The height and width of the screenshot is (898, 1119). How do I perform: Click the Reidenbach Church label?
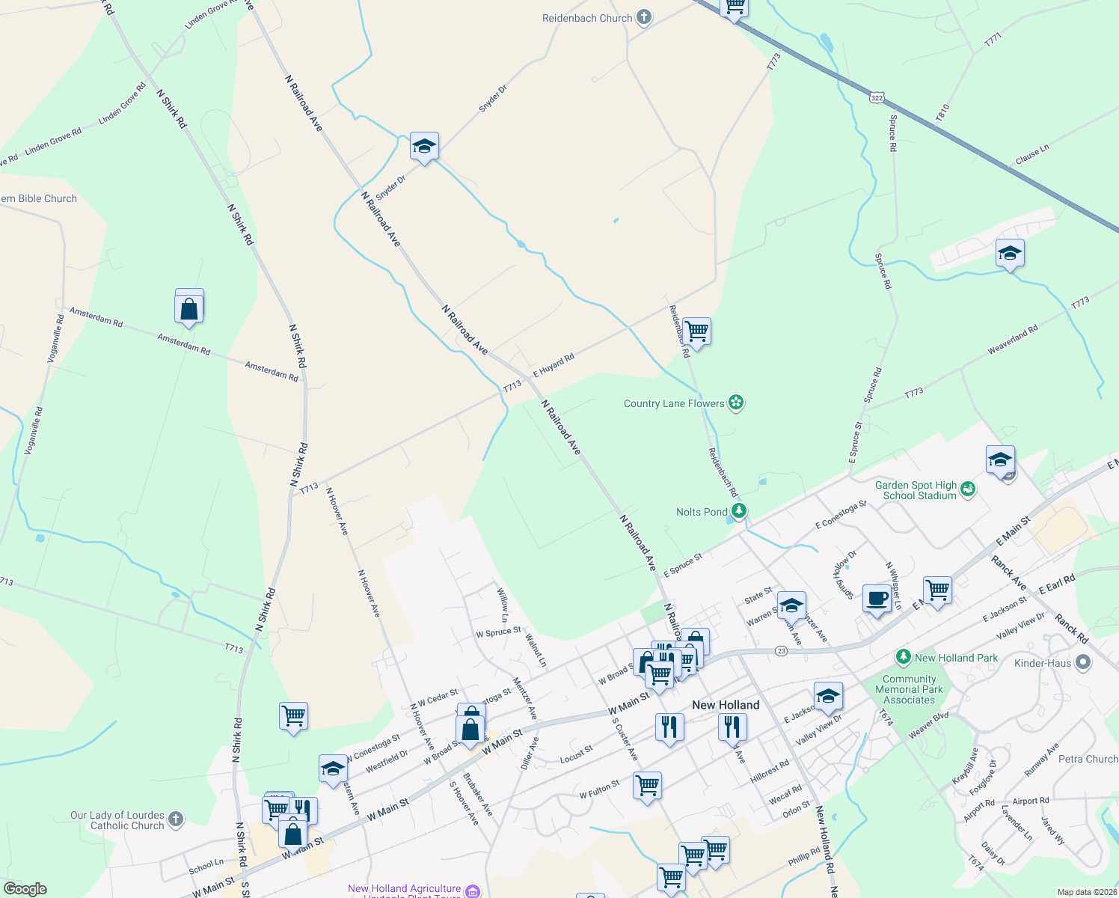click(x=587, y=18)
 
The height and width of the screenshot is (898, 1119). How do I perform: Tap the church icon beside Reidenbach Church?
click(x=644, y=18)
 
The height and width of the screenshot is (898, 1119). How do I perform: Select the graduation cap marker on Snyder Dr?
click(x=424, y=147)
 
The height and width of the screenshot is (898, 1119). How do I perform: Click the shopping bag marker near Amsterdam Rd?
click(x=189, y=308)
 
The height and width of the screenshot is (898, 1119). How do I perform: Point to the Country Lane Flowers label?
click(x=674, y=403)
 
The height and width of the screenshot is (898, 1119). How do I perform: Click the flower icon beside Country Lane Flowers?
click(x=737, y=403)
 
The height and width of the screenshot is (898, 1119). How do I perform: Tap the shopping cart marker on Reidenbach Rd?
click(x=696, y=331)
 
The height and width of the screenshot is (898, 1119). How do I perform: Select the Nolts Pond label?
click(x=702, y=512)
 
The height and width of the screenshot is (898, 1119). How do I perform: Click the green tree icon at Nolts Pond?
click(x=739, y=511)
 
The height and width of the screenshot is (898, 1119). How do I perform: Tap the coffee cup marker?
click(x=877, y=599)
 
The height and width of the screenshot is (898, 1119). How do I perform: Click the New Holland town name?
click(x=726, y=705)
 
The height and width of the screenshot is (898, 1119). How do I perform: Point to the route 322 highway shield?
click(x=877, y=97)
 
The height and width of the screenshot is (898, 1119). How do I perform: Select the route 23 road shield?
click(x=781, y=651)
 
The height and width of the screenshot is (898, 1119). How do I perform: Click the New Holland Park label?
click(x=956, y=658)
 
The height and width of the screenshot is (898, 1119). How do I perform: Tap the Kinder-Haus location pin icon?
click(x=1083, y=663)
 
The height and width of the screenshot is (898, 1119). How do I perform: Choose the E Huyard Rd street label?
click(x=554, y=365)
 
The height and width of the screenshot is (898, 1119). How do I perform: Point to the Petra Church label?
click(x=1088, y=759)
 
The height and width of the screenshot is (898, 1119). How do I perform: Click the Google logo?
click(x=25, y=888)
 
